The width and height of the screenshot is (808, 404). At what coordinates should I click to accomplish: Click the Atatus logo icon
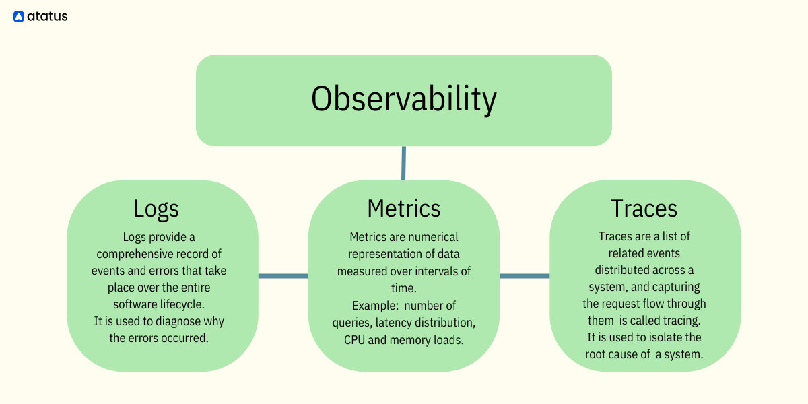(19, 17)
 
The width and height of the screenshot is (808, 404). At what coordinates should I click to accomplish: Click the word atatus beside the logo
(48, 17)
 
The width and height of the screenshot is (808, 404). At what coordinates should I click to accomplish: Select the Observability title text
(403, 99)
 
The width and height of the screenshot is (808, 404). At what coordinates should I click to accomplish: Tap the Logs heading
(156, 208)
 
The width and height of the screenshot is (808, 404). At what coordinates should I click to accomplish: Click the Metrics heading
(403, 208)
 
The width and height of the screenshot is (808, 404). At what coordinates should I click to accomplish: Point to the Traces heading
(644, 208)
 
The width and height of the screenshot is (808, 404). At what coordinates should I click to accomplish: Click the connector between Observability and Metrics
(403, 163)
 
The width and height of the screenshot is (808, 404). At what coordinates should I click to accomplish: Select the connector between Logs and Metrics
(283, 275)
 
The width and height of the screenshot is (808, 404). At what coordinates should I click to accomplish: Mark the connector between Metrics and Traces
(525, 275)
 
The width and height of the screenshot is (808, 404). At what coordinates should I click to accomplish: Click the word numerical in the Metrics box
(432, 237)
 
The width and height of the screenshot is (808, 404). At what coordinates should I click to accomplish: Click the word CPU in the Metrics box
(355, 339)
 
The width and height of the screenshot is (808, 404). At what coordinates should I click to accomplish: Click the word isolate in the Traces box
(649, 337)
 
